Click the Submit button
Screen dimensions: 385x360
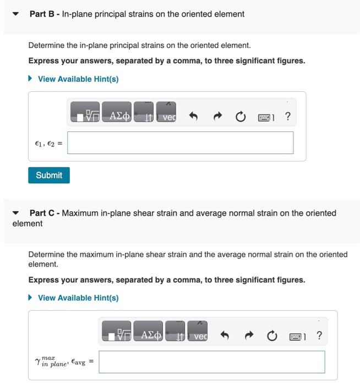(49, 175)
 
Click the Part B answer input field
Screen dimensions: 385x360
(181, 143)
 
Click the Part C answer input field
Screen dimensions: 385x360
(212, 362)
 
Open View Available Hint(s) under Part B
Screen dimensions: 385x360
(78, 79)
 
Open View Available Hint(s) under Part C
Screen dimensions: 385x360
(78, 298)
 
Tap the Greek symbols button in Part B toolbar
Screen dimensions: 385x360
(117, 116)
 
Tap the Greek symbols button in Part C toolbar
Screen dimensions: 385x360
(148, 335)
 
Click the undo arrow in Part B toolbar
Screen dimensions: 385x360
(193, 117)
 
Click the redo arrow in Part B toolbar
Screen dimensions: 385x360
(217, 117)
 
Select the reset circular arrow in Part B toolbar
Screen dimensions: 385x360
(240, 117)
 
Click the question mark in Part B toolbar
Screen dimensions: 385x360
(288, 116)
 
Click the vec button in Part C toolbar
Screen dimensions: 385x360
(198, 335)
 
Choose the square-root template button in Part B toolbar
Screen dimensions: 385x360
(85, 116)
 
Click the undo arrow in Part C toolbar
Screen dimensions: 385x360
(225, 335)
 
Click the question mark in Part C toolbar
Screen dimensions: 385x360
(319, 335)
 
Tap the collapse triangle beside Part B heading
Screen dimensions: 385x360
(15, 14)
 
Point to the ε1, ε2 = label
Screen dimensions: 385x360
(48, 144)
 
